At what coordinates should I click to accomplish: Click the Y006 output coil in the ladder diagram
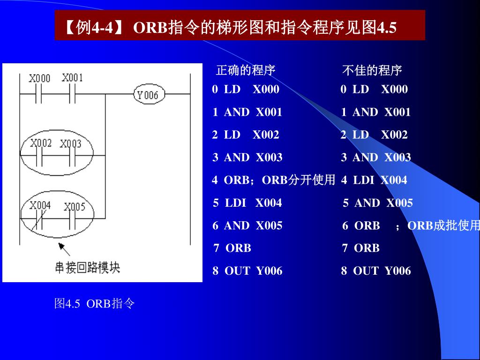point(147,95)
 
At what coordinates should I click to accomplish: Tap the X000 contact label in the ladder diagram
point(39,78)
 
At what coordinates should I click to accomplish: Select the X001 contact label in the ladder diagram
point(72,77)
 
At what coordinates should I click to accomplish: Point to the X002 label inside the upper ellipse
point(40,143)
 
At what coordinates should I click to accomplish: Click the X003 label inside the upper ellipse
point(70,143)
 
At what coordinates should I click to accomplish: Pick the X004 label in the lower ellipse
point(40,205)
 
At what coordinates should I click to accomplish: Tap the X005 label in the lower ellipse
point(75,206)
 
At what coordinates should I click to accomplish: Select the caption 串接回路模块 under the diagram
point(88,268)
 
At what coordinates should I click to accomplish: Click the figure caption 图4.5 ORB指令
point(94,304)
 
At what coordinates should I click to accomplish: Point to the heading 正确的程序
point(245,71)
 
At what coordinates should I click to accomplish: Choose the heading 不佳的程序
point(372,71)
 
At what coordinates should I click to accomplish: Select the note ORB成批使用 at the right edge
point(443,225)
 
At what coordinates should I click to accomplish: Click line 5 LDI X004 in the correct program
point(247,203)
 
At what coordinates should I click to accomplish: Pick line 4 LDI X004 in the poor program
point(374,180)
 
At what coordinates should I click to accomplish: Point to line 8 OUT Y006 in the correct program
point(247,270)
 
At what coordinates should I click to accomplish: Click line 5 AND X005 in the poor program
point(377,203)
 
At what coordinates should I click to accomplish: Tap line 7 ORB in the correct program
point(232,248)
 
